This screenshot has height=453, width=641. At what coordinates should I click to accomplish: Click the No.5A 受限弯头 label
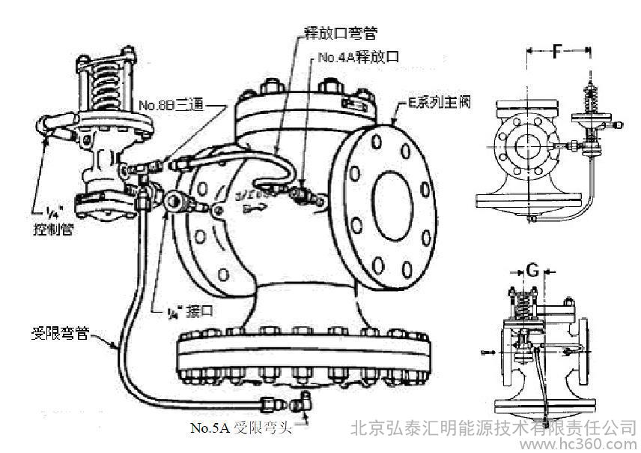(x=240, y=429)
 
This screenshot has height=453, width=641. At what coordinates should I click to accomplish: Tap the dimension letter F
(x=557, y=52)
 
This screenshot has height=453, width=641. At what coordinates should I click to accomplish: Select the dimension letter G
(x=531, y=268)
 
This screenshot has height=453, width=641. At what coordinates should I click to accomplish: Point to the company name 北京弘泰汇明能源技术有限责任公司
(x=494, y=427)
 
